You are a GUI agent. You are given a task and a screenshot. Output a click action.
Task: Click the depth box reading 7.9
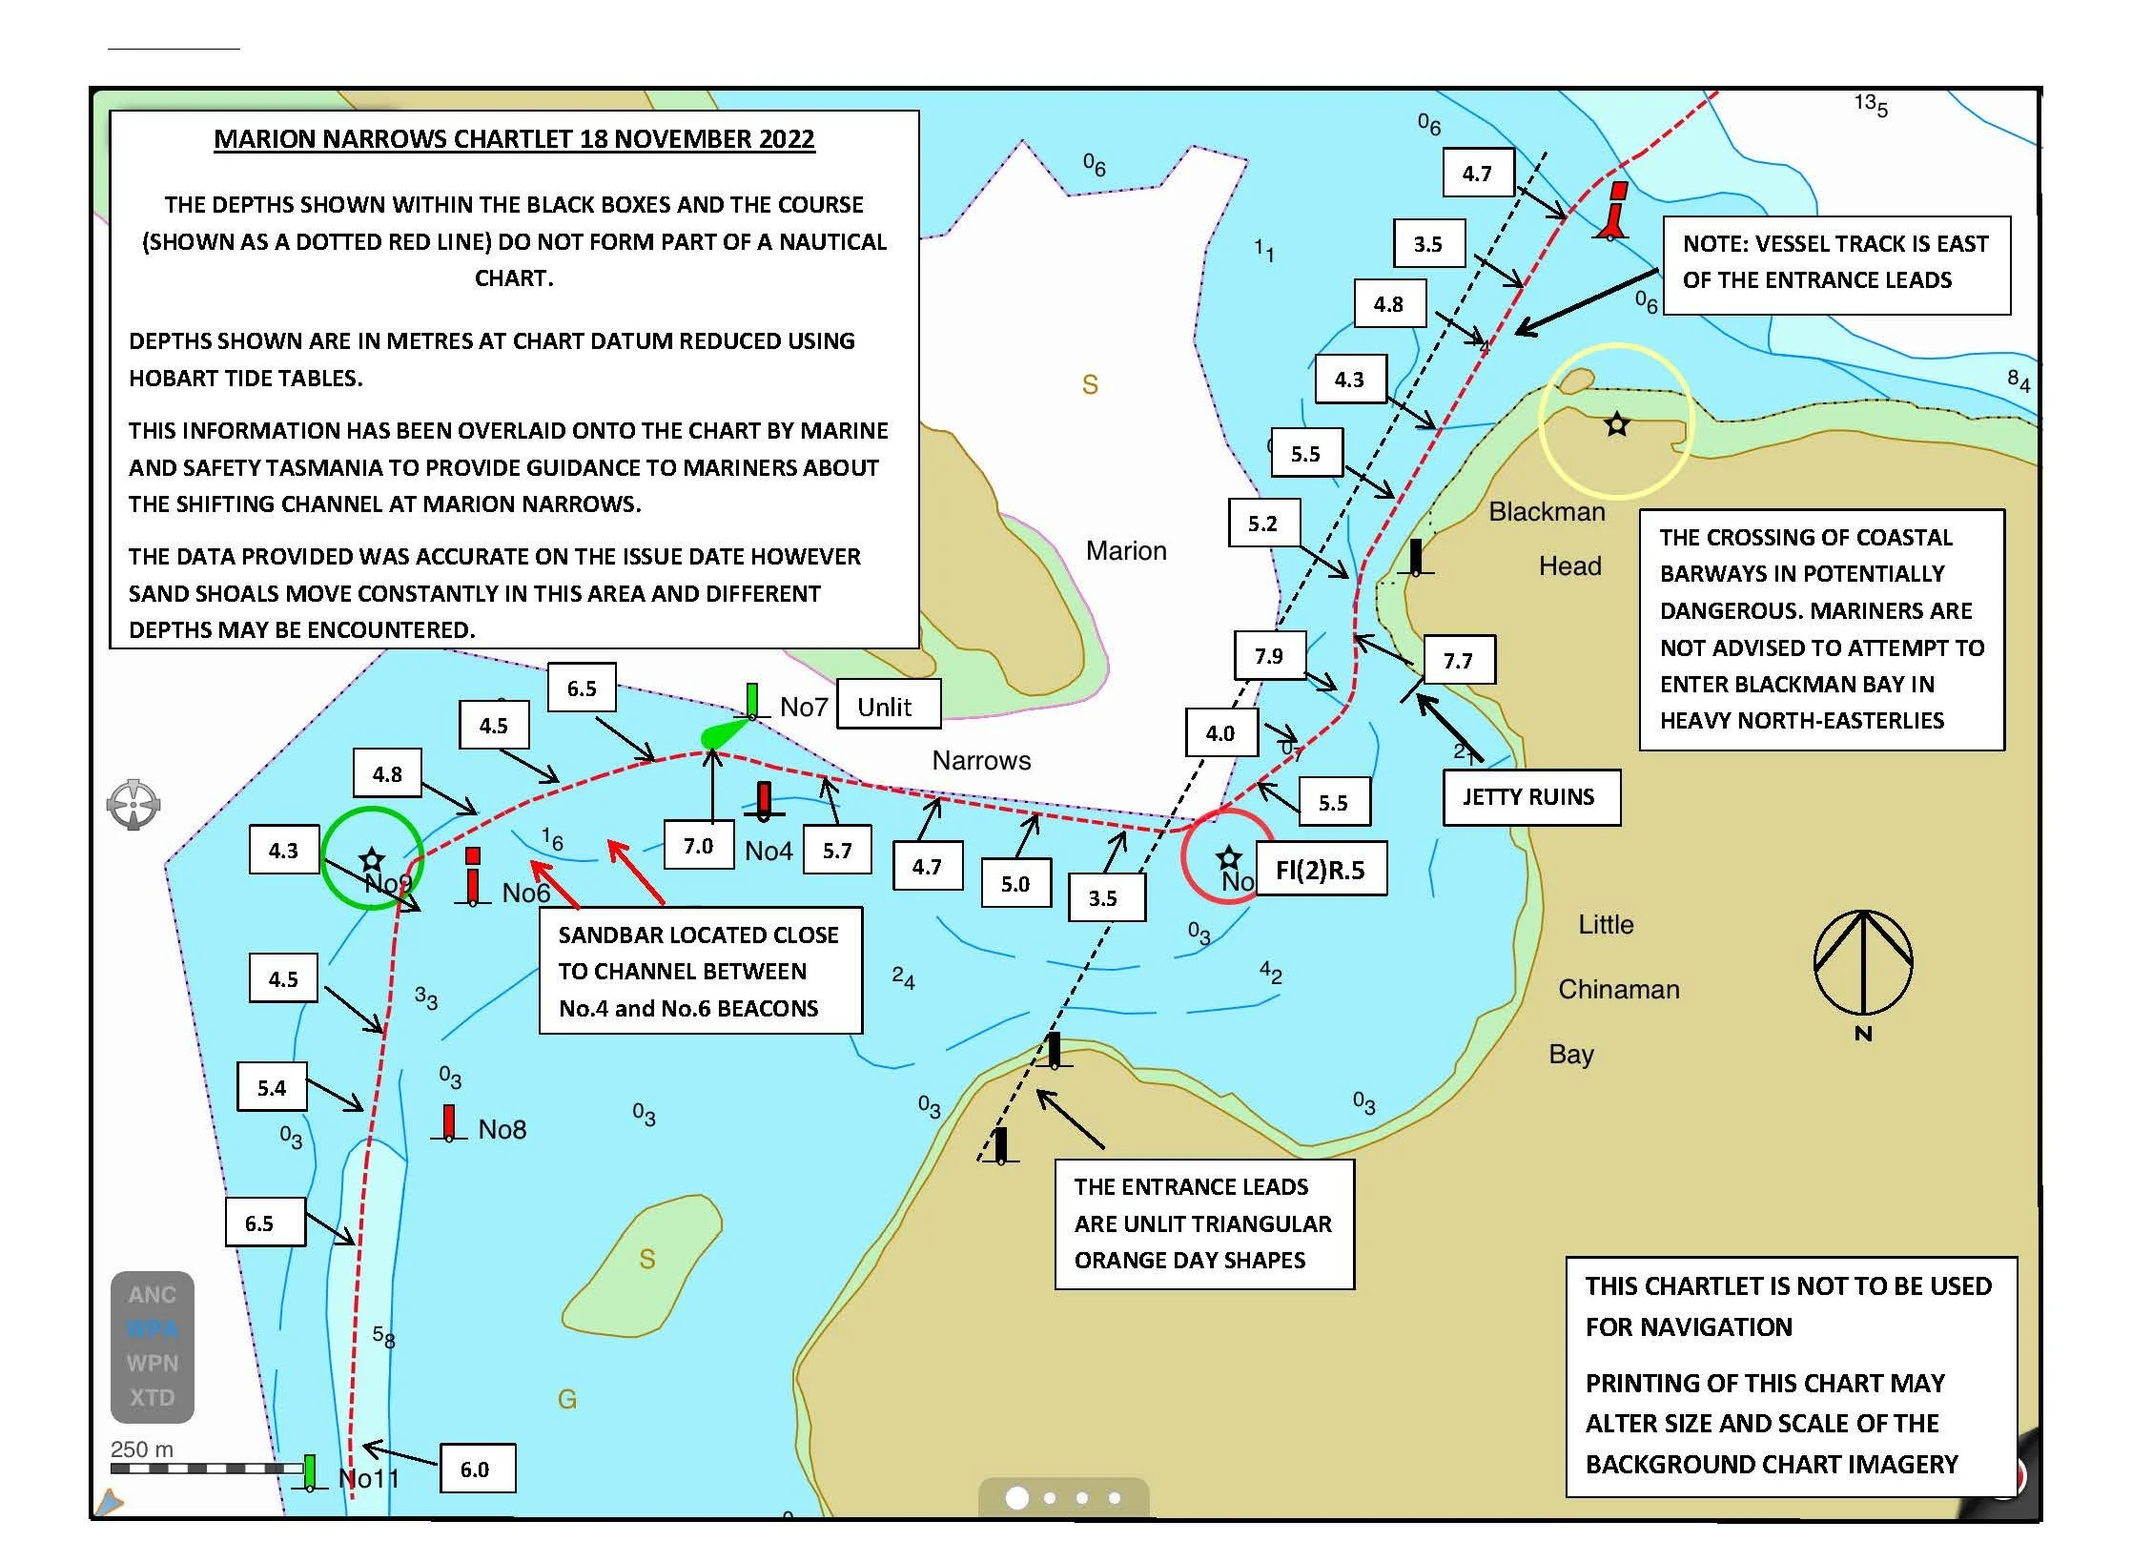[x=1269, y=656]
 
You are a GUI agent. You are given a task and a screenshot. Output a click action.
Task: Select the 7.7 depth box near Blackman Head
[x=1458, y=660]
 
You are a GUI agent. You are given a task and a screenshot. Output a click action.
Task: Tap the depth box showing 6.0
[x=476, y=1469]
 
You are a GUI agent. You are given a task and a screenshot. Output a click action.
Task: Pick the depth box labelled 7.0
[x=699, y=846]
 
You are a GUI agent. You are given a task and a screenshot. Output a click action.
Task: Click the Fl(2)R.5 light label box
[x=1321, y=869]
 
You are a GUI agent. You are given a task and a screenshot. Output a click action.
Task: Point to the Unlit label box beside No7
[x=887, y=707]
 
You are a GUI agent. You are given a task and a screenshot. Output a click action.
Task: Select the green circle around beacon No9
[x=372, y=857]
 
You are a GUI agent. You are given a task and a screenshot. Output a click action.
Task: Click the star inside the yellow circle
[x=1616, y=423]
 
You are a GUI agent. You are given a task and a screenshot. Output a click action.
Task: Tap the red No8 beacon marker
[x=449, y=1123]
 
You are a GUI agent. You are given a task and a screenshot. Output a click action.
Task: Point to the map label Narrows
[x=981, y=761]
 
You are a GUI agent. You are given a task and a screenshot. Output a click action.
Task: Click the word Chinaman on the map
[x=1619, y=990]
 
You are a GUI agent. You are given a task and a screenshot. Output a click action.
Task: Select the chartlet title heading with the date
[x=514, y=139]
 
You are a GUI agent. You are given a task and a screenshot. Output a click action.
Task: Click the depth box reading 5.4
[x=272, y=1087]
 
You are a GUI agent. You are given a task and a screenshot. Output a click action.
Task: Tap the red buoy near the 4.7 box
[x=1614, y=213]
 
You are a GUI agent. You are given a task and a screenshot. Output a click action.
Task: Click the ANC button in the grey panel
[x=153, y=1295]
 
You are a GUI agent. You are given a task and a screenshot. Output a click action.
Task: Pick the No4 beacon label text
[x=769, y=851]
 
